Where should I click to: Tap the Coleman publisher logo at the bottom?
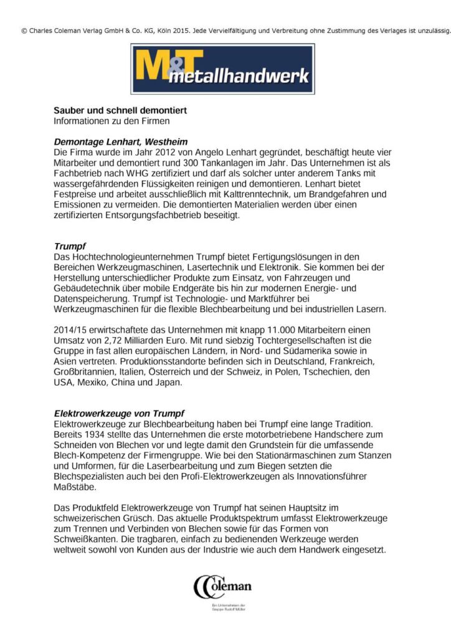click(x=222, y=587)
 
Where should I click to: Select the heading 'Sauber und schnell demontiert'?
click(x=120, y=110)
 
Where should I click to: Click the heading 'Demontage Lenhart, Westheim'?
click(x=120, y=141)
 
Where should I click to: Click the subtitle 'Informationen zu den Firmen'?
click(x=112, y=120)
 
